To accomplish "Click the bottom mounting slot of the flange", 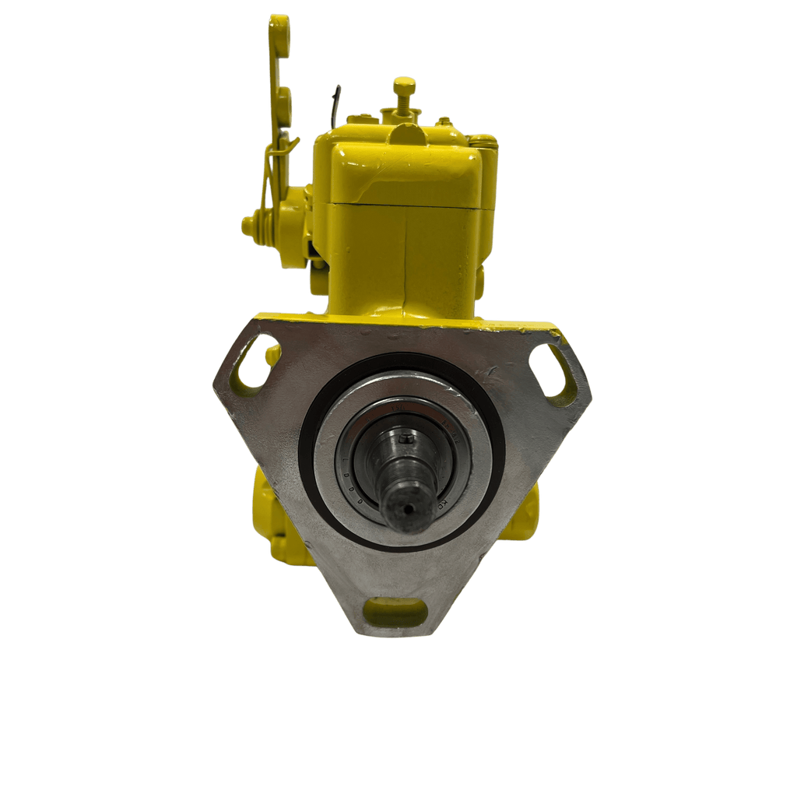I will point(395,611).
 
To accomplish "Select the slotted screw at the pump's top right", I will point(483,142).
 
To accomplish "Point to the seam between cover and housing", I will point(405,205).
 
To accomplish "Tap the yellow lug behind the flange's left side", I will point(265,506).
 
